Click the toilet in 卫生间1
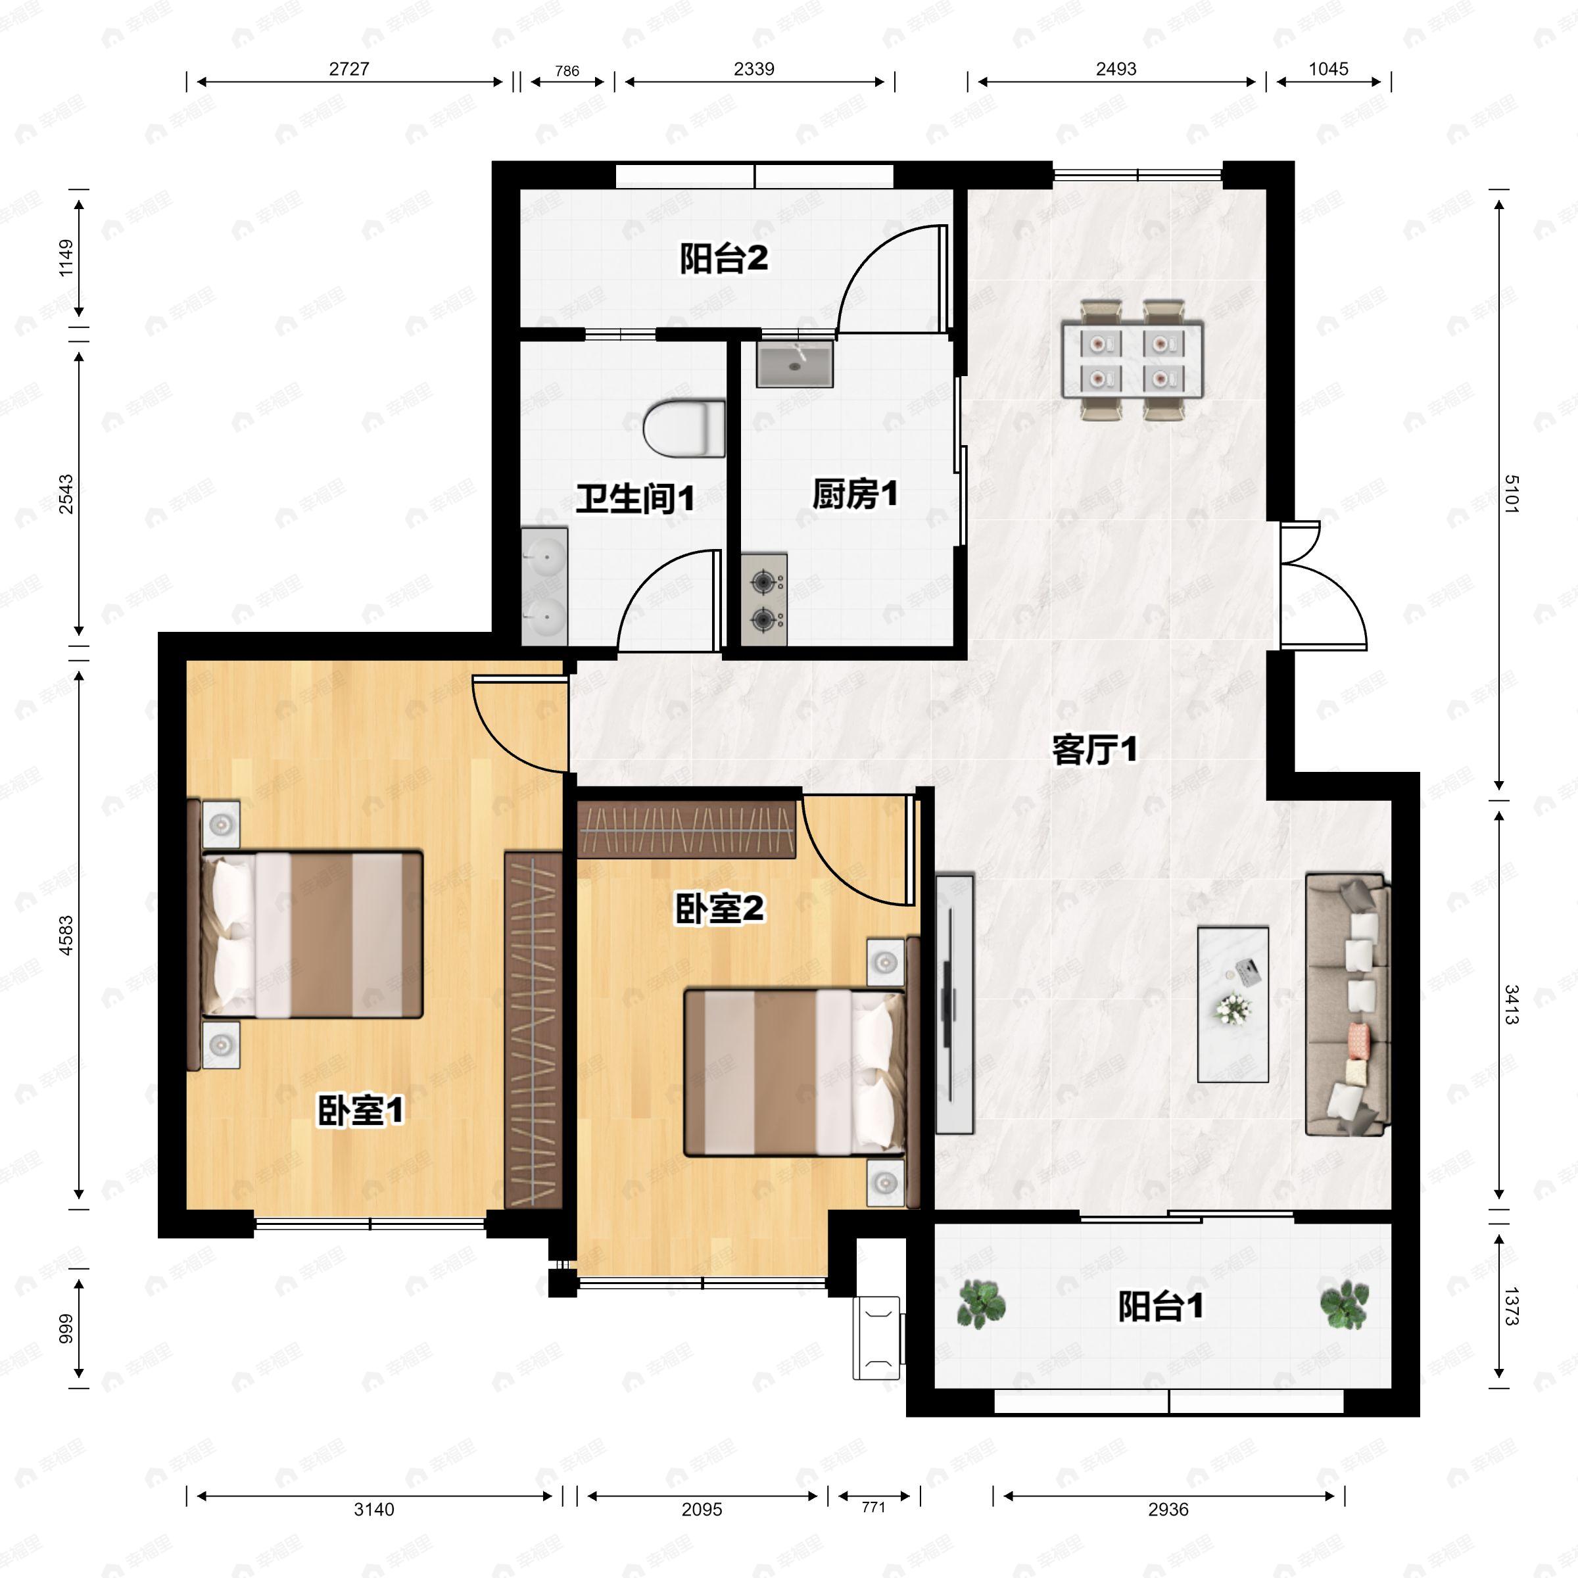(x=684, y=428)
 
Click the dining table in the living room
(x=1132, y=360)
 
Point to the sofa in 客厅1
(x=1347, y=1005)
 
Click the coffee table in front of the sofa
(x=1233, y=1005)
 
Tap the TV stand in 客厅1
(x=954, y=1004)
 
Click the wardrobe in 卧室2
(x=686, y=829)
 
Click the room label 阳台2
(x=724, y=259)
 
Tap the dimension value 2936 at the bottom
(x=1168, y=1510)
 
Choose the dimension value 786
(x=567, y=71)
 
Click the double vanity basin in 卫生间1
(x=544, y=586)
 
